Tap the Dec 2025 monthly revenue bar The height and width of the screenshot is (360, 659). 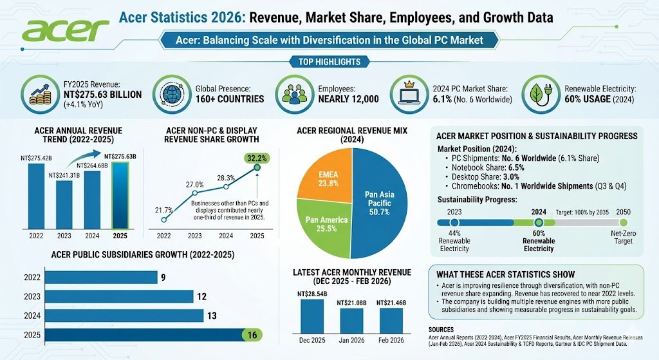(312, 315)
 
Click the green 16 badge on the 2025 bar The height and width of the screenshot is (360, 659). (251, 334)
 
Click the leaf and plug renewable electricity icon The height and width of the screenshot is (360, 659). (539, 93)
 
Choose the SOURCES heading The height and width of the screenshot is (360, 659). (445, 329)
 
